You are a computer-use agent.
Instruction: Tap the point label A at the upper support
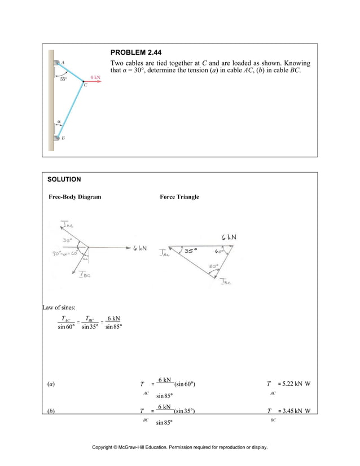[x=63, y=63]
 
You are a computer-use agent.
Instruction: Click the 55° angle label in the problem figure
[x=64, y=80]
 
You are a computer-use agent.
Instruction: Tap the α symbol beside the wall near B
[x=58, y=120]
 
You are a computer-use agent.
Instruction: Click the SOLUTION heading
[x=64, y=179]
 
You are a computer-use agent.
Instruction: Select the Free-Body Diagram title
[x=75, y=197]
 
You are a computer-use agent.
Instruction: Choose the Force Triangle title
[x=179, y=197]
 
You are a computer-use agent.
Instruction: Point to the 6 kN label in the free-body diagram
[x=139, y=248]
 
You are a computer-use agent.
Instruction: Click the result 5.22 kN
[x=291, y=384]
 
